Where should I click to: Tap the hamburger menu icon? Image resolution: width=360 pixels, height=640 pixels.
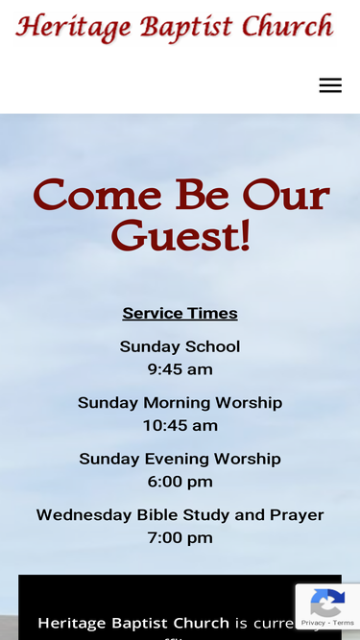[330, 85]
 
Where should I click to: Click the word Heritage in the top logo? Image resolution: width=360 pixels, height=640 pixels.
[73, 27]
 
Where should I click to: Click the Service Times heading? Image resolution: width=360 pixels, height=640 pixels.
[180, 313]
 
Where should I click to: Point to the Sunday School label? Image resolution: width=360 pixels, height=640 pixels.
[180, 346]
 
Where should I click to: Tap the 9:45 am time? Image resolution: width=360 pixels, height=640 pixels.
[180, 369]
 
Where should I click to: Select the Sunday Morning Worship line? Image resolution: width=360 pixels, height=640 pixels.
[180, 403]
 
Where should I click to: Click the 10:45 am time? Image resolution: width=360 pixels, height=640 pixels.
[180, 425]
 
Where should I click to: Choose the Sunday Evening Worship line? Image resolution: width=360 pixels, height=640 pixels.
[180, 459]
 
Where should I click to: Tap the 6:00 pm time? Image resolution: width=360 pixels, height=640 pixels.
[180, 482]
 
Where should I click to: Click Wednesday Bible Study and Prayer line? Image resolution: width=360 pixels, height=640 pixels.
[180, 515]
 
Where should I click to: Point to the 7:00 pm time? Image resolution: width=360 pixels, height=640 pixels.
[180, 537]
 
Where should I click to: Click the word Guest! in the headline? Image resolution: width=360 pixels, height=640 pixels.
[180, 236]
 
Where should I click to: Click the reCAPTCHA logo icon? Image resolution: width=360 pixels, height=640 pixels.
[327, 604]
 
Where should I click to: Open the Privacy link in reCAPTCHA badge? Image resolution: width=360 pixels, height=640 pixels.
[312, 623]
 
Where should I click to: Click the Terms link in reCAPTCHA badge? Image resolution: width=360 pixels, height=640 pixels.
[344, 623]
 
